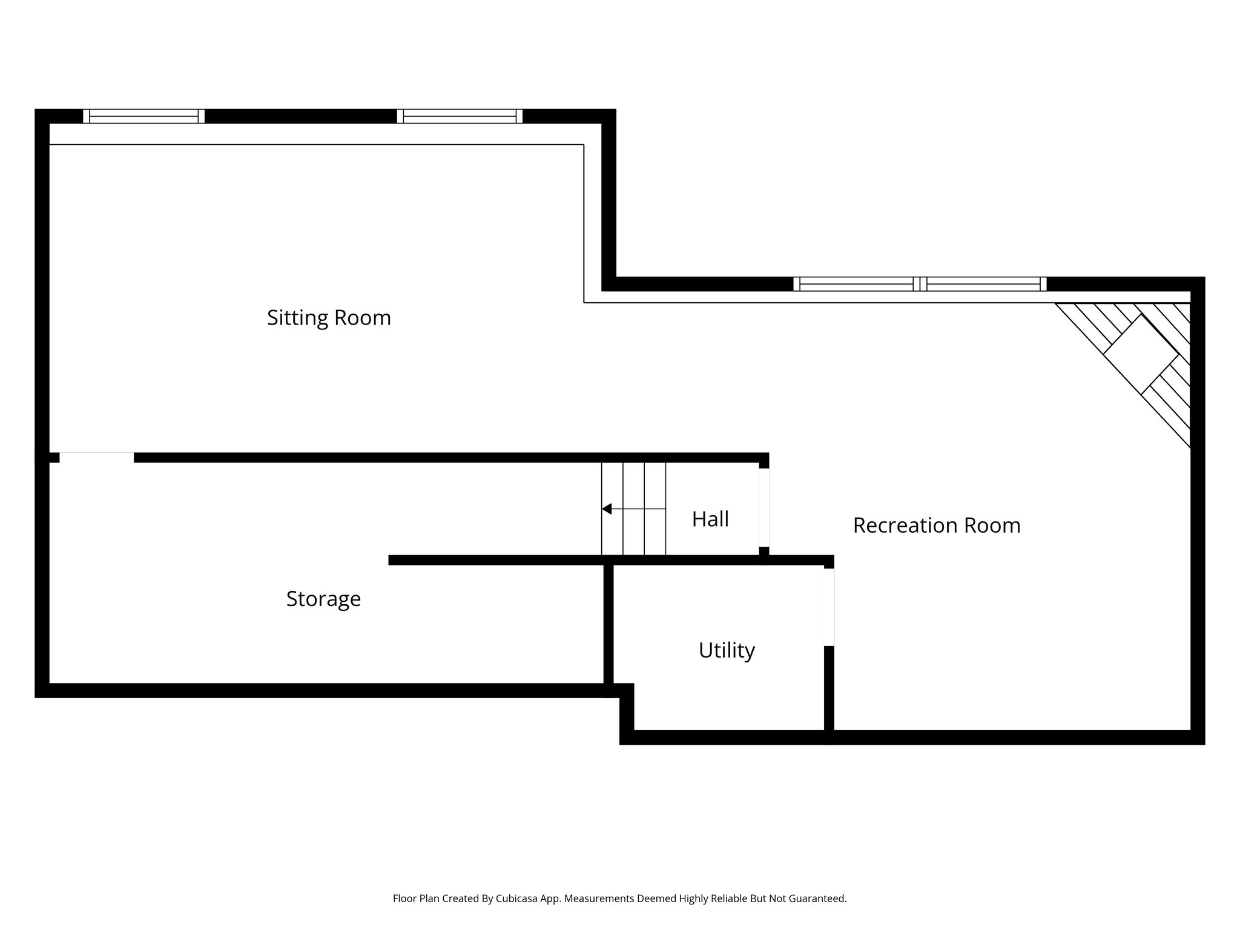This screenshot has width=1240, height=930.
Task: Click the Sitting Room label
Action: coord(329,318)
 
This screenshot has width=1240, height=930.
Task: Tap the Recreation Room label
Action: coord(936,526)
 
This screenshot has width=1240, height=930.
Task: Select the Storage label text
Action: coord(323,599)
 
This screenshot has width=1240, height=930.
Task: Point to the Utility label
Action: coord(727,650)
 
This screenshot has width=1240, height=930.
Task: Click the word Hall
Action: coord(710,519)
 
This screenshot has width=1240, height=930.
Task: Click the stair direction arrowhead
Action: coord(607,509)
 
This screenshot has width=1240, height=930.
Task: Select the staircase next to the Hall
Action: coord(633,509)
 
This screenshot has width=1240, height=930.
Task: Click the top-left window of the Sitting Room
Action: coord(143,116)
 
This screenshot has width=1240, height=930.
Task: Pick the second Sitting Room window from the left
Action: coord(460,116)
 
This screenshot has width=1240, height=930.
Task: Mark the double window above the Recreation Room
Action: coord(920,284)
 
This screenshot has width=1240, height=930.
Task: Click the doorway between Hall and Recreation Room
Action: coord(764,507)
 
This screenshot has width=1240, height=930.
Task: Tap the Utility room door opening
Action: coord(829,607)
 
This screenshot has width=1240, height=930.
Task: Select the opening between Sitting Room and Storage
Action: coord(96,457)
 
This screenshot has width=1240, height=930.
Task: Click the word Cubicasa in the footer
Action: coord(518,899)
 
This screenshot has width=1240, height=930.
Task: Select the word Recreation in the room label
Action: coord(897,526)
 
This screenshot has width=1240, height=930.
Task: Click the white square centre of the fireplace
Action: coord(1141,354)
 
